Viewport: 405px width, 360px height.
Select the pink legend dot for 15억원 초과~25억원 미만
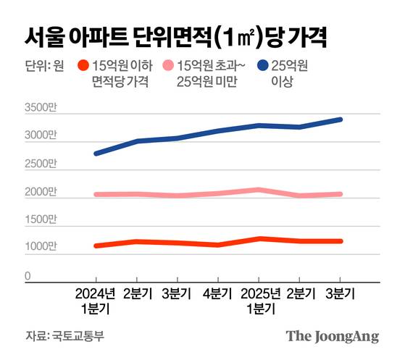[x=168, y=66]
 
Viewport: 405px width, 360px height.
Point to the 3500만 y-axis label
[x=39, y=109]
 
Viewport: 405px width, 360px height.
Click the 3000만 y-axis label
[x=39, y=136]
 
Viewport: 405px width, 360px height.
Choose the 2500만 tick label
[x=39, y=164]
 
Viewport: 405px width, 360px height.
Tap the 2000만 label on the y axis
[x=39, y=192]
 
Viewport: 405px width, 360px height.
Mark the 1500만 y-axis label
[x=39, y=219]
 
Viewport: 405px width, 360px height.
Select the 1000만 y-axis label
[x=39, y=248]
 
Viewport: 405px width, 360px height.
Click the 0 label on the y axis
[x=28, y=275]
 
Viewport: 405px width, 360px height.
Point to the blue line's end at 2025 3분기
[x=340, y=120]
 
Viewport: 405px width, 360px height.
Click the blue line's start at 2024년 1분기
[x=96, y=154]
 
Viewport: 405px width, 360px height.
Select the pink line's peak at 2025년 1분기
[x=259, y=190]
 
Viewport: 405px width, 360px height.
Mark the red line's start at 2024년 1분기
[x=96, y=246]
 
